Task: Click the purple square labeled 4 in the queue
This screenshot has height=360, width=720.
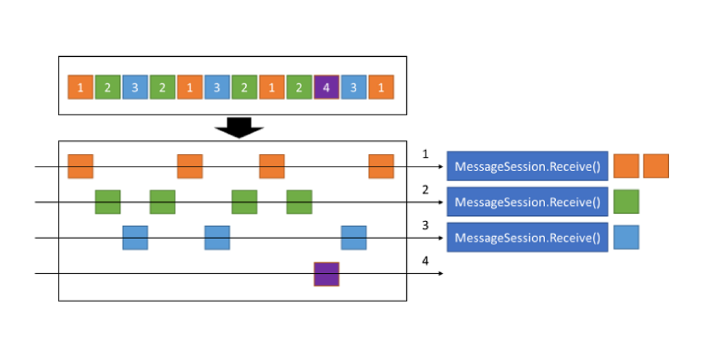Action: [x=326, y=87]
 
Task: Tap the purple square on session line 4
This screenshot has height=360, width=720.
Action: [x=326, y=274]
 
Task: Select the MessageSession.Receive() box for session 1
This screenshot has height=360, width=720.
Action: [x=527, y=166]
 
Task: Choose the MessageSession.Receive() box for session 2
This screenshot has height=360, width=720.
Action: [x=527, y=202]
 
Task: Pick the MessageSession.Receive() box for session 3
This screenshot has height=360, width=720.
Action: [x=527, y=237]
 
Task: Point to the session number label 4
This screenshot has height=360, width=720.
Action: [x=425, y=261]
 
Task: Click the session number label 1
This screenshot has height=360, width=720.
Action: [x=425, y=154]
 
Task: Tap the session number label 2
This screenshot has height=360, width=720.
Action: [x=425, y=190]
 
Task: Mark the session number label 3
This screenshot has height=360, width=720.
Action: [x=425, y=226]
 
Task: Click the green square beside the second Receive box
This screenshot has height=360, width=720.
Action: [x=626, y=201]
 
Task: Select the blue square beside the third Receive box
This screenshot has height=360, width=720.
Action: [x=626, y=237]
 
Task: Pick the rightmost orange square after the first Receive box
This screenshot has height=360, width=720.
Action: [x=655, y=166]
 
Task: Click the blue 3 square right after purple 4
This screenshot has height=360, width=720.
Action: [x=354, y=87]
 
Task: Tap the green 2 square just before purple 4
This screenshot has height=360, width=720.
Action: [x=299, y=87]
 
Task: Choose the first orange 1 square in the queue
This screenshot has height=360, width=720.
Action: [x=80, y=87]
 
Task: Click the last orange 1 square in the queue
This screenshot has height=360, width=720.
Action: [x=381, y=87]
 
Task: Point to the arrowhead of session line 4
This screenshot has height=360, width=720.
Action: [x=442, y=273]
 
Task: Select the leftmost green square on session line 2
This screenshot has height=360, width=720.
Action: [x=107, y=202]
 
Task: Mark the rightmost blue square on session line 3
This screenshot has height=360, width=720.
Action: [x=354, y=237]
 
